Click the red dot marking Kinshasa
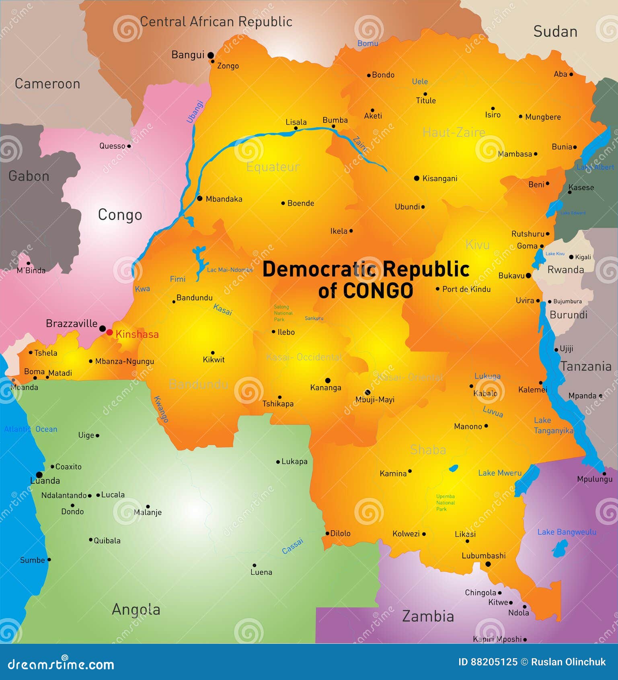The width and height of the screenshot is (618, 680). point(109,332)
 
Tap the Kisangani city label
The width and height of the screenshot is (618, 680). point(439,178)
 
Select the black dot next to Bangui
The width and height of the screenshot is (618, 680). point(210,56)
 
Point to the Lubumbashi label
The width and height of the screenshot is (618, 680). point(483,556)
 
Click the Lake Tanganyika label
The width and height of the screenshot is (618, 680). point(553,426)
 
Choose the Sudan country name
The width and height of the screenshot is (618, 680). point(555,32)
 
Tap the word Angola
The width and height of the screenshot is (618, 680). point(136,609)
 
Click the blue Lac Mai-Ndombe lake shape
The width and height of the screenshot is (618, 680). point(198,261)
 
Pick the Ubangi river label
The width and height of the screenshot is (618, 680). point(195,111)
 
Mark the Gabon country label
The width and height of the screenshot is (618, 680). point(29,176)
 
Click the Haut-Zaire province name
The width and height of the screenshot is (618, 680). point(454,132)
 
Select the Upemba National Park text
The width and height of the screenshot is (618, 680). point(445,503)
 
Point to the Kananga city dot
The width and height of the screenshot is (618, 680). point(328,380)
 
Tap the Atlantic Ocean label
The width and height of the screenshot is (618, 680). point(31,429)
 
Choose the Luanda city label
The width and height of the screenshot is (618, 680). point(45,480)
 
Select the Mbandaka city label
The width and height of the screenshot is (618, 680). point(224,199)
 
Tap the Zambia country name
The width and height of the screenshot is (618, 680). point(428,616)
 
